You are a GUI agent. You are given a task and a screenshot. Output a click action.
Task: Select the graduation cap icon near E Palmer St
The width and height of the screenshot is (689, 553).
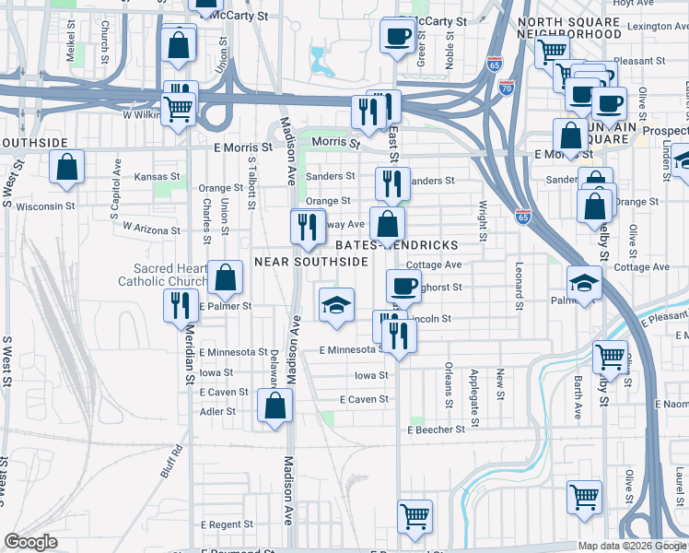[x=337, y=305]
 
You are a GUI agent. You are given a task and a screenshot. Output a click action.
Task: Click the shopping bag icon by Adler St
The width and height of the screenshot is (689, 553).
[x=274, y=405]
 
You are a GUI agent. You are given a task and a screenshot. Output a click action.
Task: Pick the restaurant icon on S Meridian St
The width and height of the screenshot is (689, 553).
[x=180, y=305]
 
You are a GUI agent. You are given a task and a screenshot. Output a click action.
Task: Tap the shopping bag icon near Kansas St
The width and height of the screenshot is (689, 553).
[x=66, y=168]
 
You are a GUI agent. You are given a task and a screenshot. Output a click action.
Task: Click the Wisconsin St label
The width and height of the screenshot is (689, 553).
[x=43, y=206]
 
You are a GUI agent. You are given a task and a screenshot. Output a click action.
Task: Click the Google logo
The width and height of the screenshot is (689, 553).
[x=31, y=543]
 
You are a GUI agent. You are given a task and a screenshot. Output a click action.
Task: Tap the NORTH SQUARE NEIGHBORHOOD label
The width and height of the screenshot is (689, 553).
[x=569, y=28]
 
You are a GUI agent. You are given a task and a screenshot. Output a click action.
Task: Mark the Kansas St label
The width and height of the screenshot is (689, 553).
[x=158, y=176]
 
